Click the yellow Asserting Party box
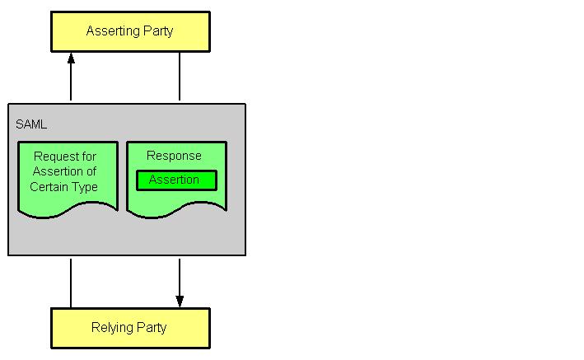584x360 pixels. point(130,32)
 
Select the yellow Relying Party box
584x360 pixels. point(130,328)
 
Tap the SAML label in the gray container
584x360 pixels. point(31,124)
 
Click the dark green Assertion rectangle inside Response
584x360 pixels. point(176,180)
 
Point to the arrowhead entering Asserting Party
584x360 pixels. point(71,58)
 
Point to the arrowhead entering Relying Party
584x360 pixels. point(180,301)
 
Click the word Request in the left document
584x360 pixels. point(55,157)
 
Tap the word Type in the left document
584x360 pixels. point(84,187)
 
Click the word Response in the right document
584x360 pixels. point(174,156)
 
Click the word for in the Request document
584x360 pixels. point(91,157)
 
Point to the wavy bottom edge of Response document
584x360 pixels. point(176,213)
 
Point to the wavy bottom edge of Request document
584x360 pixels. point(68,213)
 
